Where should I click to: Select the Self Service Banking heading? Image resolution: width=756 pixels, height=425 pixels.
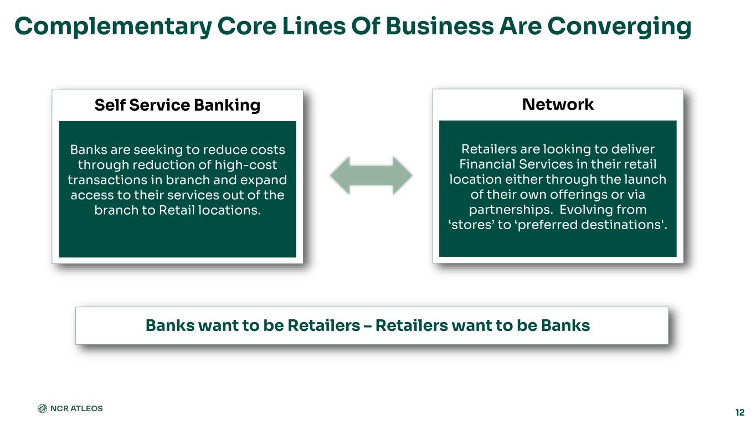pos(177,105)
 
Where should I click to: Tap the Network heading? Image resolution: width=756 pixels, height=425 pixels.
pos(558,104)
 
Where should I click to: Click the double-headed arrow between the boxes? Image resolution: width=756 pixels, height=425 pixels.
pos(371,175)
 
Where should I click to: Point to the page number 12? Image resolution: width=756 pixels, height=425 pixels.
pos(740,412)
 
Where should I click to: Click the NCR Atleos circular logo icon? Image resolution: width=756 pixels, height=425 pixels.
pos(42,408)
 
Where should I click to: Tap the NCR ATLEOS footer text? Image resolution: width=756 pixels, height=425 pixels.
pos(76,408)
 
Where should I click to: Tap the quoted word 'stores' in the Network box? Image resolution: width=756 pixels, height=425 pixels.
pos(470,225)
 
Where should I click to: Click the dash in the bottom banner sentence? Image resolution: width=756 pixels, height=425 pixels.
pos(367,326)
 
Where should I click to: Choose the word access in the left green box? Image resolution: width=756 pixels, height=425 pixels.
pos(90,195)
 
